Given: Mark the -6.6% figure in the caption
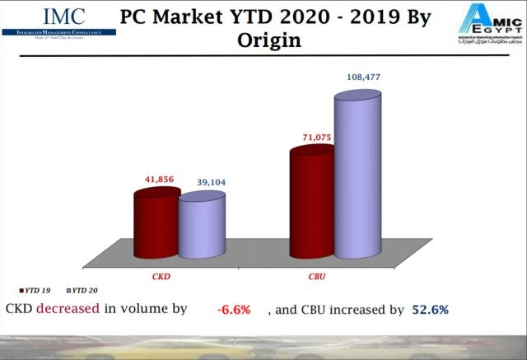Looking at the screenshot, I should pos(233,311).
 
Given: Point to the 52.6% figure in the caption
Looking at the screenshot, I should pos(430,311).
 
